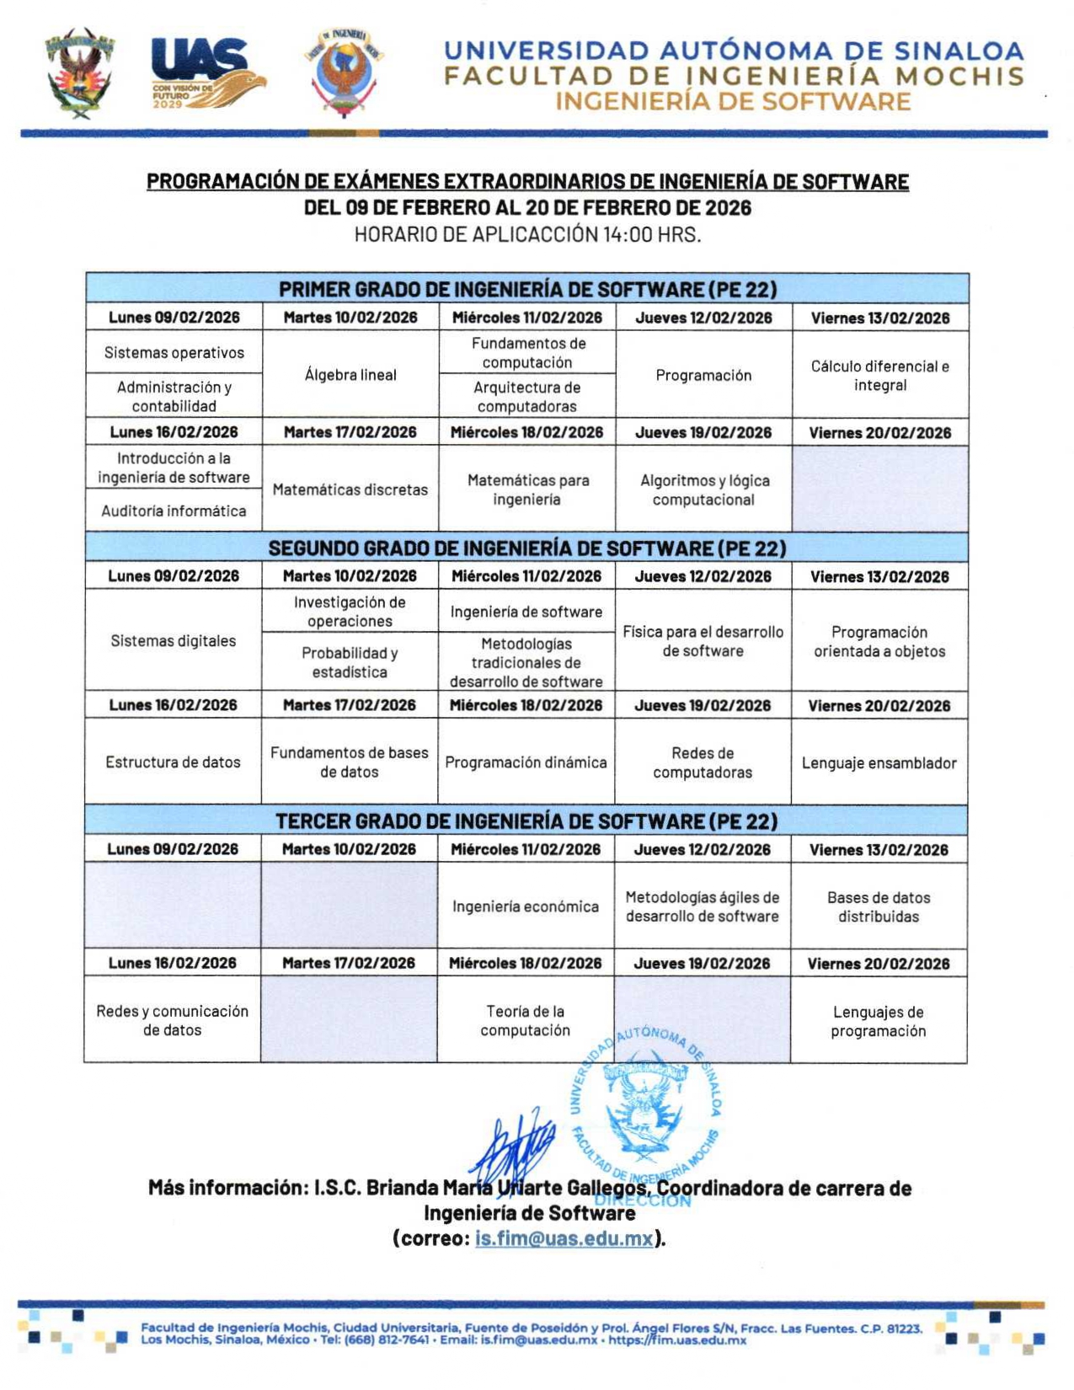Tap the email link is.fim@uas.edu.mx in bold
[564, 1238]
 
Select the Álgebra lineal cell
[350, 375]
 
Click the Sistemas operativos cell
[174, 352]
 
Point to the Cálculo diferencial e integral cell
[880, 376]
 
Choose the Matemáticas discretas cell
[350, 489]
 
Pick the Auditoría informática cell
[174, 511]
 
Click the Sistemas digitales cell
[174, 641]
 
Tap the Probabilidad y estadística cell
[350, 662]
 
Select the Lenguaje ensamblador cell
[879, 763]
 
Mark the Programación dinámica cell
[526, 762]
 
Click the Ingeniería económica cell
[526, 906]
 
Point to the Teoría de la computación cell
[526, 1020]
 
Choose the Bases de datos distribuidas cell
[879, 906]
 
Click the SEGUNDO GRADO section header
[527, 548]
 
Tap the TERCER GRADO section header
[526, 821]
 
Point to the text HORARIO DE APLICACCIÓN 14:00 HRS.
[527, 234]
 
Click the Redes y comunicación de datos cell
[173, 1020]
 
